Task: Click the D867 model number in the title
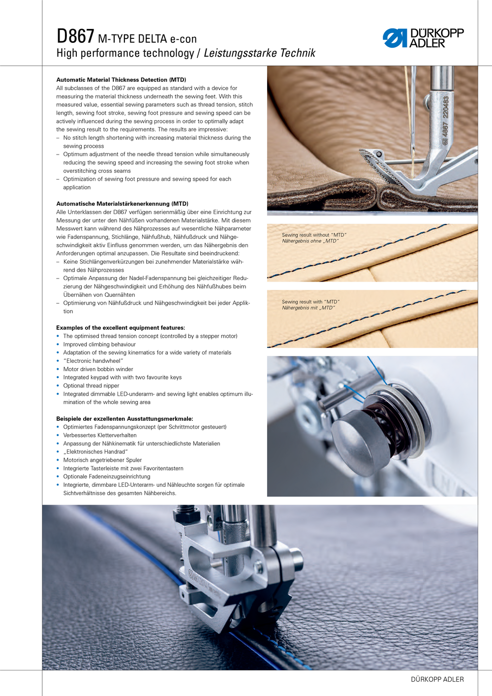click(x=75, y=36)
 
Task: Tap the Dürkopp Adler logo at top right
click(x=423, y=38)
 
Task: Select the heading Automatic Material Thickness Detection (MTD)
click(x=121, y=80)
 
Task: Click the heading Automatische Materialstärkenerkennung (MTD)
click(x=122, y=204)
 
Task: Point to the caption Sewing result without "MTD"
click(x=314, y=235)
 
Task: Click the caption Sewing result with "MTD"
click(x=310, y=302)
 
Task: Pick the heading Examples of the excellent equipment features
click(x=121, y=328)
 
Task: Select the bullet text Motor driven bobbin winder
click(x=98, y=369)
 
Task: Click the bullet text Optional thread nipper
click(x=91, y=386)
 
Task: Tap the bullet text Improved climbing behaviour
click(x=99, y=345)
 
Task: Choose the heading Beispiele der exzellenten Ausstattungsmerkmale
click(x=124, y=419)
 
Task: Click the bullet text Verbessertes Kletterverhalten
click(x=100, y=436)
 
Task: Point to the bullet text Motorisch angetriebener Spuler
click(x=102, y=460)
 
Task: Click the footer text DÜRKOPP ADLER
click(x=437, y=679)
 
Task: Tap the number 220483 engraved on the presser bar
click(x=446, y=107)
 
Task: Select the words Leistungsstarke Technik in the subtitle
click(x=259, y=53)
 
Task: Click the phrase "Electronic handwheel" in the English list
click(x=93, y=361)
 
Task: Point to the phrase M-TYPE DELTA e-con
click(x=147, y=39)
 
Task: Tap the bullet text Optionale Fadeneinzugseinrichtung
click(x=107, y=476)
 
